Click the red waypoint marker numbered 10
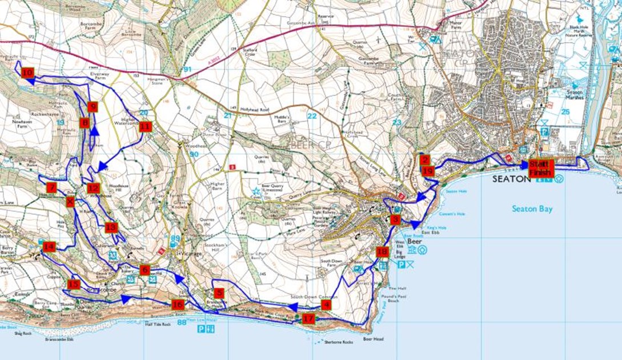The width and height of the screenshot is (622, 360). tap(27, 73)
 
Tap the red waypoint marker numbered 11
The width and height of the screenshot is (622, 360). tap(145, 126)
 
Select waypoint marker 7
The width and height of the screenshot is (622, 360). tap(52, 187)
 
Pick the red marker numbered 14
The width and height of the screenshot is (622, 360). tap(49, 247)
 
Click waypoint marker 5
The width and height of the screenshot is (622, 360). tap(220, 293)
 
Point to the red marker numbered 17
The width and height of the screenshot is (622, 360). tap(308, 318)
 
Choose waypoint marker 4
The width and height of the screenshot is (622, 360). tap(326, 305)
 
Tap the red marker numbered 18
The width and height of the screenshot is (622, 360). tap(382, 251)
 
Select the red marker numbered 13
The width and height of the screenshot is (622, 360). tap(111, 227)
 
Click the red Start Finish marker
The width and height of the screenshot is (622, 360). tap(540, 168)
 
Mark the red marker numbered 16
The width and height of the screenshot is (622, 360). tap(178, 305)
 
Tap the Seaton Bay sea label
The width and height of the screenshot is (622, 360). tap(532, 209)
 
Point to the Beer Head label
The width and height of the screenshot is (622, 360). tap(374, 339)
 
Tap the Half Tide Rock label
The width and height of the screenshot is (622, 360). tap(158, 324)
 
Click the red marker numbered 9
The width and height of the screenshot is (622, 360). tap(92, 106)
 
